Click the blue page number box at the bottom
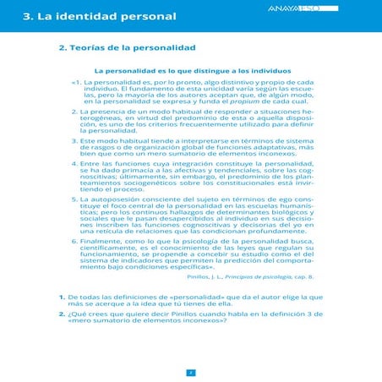click(191, 371)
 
